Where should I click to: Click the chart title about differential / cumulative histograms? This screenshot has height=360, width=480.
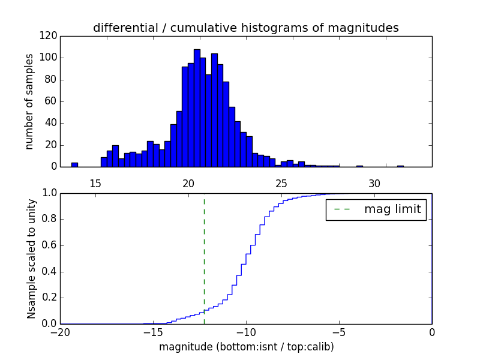245,28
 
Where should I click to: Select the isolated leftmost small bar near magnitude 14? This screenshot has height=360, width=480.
74,164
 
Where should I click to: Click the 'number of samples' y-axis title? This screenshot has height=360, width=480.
29,101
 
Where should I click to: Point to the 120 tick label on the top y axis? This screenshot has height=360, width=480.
49,36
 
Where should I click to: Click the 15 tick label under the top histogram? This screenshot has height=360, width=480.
95,183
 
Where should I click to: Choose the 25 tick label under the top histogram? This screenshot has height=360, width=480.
281,183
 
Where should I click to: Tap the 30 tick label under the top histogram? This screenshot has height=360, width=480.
374,183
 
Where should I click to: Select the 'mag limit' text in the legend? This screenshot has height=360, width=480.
392,209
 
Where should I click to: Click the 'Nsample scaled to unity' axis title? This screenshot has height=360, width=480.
31,258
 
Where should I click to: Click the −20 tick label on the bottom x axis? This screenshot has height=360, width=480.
60,332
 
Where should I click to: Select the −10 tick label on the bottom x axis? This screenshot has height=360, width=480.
245,332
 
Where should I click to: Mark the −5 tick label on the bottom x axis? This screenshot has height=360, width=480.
338,332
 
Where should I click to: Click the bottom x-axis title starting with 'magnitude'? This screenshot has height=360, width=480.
246,347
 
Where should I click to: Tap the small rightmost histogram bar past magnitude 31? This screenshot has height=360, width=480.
400,166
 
